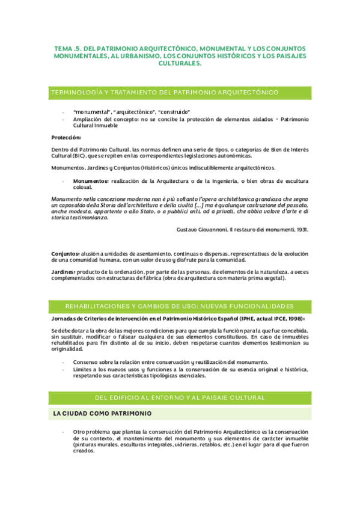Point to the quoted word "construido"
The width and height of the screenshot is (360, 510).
pos(175,112)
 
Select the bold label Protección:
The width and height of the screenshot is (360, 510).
pos(66,137)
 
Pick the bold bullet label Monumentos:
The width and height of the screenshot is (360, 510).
pos(91,181)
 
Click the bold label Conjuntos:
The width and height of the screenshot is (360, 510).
pos(66,254)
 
